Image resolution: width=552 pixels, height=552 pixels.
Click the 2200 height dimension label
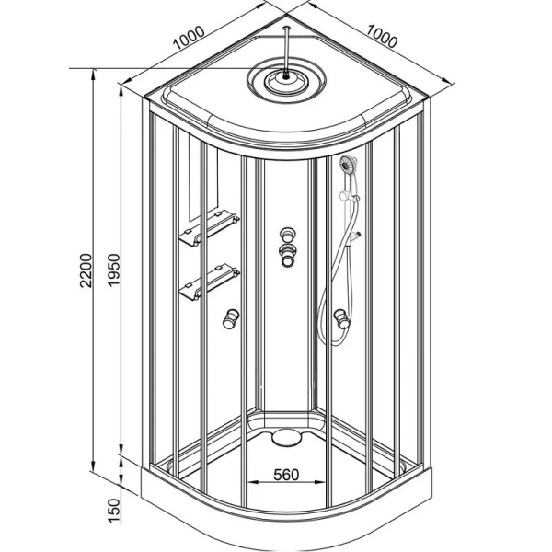86,270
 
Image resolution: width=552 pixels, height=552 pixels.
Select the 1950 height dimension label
114,270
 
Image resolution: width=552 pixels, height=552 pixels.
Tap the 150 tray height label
114,512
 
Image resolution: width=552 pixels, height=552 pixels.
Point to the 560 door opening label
286,475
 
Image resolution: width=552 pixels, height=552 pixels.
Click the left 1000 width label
189,38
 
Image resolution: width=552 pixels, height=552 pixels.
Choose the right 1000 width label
382,36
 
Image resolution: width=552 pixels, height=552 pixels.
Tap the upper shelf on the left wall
210,228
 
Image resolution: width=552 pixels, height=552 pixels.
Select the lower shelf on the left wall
210,282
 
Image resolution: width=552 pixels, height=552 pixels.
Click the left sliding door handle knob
231,318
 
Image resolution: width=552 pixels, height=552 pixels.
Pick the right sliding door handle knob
341,318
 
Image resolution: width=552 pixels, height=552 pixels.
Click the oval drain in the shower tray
286,438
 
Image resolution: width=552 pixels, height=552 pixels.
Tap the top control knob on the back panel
287,235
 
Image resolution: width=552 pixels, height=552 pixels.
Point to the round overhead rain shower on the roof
286,80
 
